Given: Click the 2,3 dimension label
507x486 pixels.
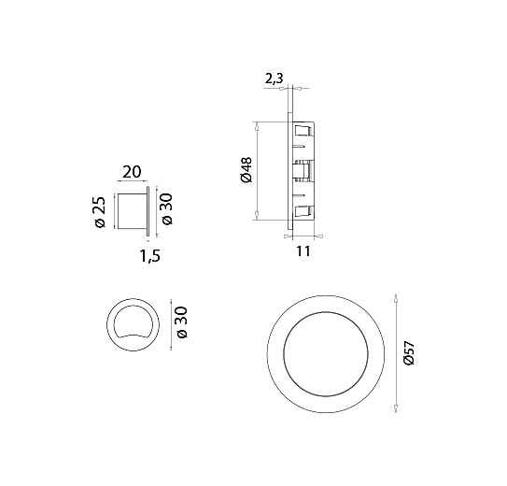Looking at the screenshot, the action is coord(274,79).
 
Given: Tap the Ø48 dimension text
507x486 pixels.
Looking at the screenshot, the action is coord(246,170).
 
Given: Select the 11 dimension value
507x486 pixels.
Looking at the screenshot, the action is coord(303,251).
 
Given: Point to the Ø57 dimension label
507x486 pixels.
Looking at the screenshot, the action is coord(409,352).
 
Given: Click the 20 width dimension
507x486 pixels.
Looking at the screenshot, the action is coord(132,172).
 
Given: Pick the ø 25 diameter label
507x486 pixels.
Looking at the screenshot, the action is coord(100,212).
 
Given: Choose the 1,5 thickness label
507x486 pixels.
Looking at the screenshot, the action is coord(149,256).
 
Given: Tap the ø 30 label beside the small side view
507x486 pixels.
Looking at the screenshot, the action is coord(167,209).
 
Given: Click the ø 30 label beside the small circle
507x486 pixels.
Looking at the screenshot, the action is coord(182,322).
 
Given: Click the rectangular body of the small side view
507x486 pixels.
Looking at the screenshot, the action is coord(131,211).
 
